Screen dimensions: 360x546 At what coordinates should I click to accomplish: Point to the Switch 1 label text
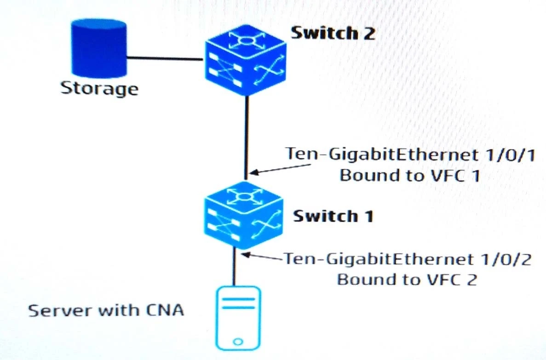tap(333, 216)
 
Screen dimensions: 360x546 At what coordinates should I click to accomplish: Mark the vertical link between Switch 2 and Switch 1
tap(247, 138)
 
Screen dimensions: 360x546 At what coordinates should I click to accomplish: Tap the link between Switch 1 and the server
tap(235, 267)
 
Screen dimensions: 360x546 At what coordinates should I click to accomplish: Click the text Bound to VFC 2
tap(406, 279)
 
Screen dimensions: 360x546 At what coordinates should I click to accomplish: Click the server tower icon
tap(238, 318)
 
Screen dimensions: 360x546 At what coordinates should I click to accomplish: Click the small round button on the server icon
tap(238, 342)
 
